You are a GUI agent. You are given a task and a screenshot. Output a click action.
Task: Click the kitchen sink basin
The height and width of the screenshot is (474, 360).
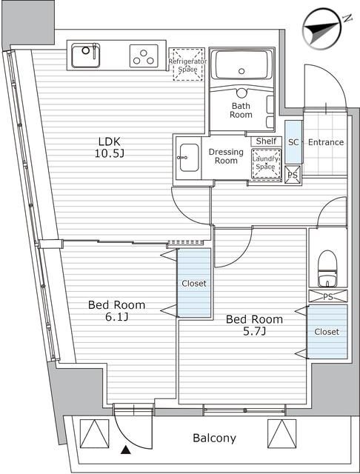(85, 56)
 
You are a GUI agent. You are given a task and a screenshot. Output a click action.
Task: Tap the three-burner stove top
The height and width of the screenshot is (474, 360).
(144, 56)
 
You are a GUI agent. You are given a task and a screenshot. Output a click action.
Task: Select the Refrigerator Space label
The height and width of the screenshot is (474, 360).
(187, 65)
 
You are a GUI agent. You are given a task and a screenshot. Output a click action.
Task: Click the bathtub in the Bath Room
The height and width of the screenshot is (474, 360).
(241, 64)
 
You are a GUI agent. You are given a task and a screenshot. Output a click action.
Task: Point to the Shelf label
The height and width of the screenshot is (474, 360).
(267, 141)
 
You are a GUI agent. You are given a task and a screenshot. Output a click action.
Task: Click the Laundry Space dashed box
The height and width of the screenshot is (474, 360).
(266, 164)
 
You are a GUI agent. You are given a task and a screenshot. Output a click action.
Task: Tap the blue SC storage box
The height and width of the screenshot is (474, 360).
(294, 142)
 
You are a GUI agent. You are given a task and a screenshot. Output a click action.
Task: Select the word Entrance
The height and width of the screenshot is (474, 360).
(326, 142)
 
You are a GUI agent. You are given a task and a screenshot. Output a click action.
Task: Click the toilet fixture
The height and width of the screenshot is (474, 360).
(327, 268)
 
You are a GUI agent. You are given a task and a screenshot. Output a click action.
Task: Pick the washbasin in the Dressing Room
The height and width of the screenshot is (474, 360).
(189, 158)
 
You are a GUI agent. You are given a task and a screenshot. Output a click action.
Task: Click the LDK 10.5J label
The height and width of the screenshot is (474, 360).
(110, 147)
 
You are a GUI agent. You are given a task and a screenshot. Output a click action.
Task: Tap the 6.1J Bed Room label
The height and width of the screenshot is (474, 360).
(117, 310)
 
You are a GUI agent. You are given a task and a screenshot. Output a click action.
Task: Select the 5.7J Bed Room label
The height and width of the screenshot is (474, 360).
(255, 325)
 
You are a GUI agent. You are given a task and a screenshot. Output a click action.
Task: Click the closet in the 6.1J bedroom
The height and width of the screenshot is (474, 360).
(194, 283)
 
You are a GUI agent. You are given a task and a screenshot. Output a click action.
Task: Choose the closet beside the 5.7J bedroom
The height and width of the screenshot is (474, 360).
(327, 331)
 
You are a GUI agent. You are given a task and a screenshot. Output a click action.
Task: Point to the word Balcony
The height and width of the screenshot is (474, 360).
(214, 438)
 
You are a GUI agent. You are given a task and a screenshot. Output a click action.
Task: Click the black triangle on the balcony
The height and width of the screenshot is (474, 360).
(125, 450)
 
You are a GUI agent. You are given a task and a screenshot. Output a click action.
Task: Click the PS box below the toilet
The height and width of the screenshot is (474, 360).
(328, 296)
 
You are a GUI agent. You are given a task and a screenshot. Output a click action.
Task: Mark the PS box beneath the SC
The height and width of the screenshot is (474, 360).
(293, 175)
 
